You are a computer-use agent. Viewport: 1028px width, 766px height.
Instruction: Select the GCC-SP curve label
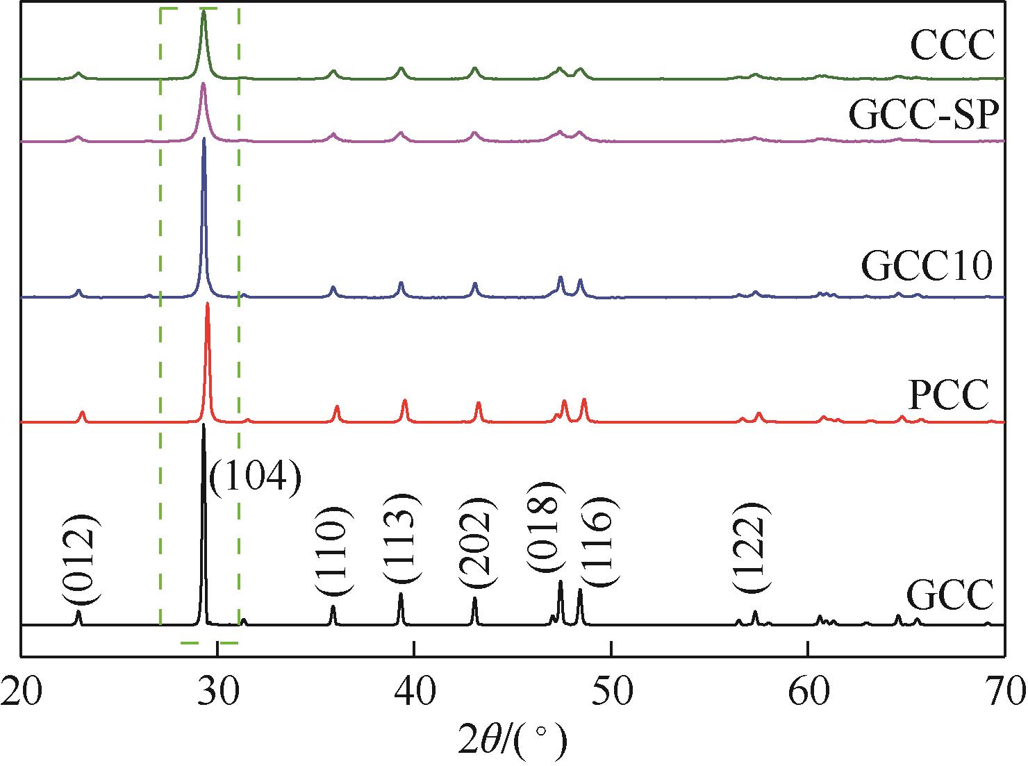pos(927,116)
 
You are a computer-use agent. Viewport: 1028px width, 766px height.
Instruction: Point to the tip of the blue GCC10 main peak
pos(204,139)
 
